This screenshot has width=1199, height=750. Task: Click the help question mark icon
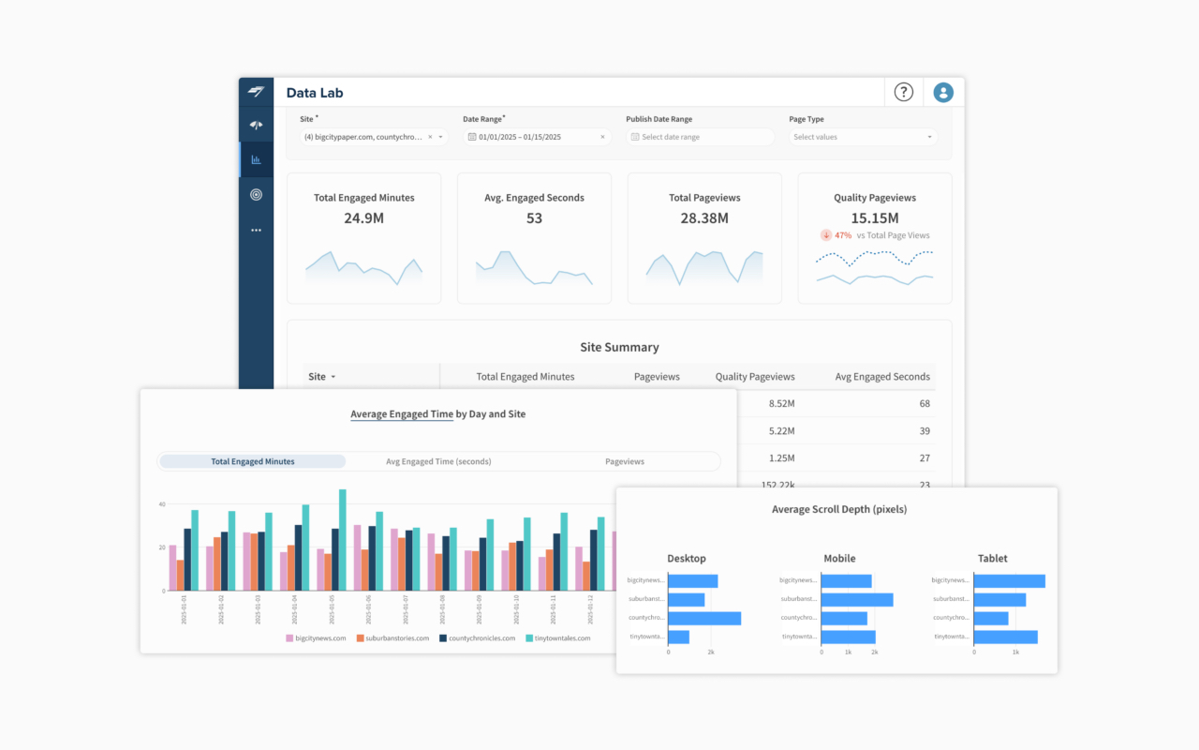click(903, 92)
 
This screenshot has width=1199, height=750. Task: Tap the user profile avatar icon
click(943, 92)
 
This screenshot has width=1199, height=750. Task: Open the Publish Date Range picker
click(700, 137)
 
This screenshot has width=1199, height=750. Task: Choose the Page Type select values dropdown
click(863, 137)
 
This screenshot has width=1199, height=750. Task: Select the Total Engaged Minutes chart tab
click(253, 461)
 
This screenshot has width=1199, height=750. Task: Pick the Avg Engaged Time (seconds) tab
click(438, 461)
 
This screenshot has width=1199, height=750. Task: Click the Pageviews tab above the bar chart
click(625, 461)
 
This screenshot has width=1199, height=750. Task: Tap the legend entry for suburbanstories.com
click(390, 638)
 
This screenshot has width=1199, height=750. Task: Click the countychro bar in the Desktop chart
click(704, 619)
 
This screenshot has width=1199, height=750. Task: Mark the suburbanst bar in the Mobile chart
click(857, 599)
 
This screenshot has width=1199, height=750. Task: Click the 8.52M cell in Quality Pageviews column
click(781, 403)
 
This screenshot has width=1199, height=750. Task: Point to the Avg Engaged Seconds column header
click(882, 377)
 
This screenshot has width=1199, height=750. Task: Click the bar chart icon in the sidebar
click(256, 159)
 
